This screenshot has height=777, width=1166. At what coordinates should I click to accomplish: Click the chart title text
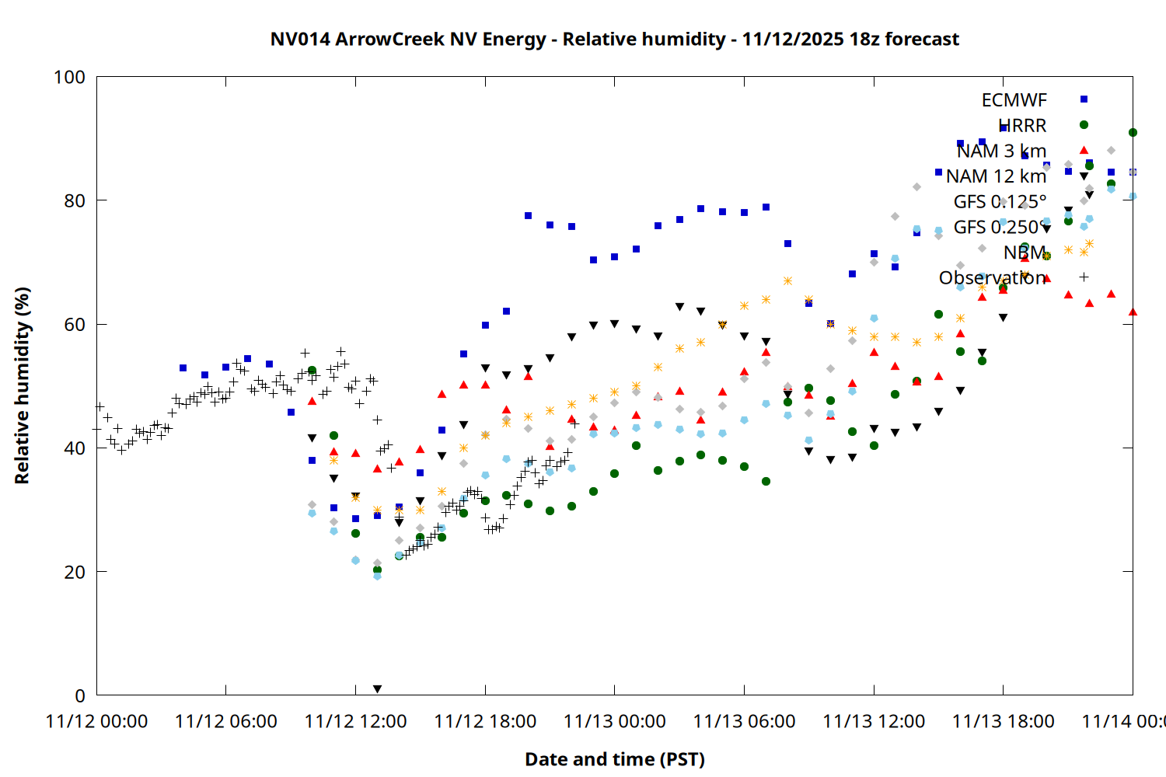(614, 39)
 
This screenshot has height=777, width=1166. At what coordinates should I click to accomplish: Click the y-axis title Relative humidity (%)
(22, 385)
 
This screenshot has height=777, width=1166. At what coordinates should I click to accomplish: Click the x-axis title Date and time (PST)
(614, 759)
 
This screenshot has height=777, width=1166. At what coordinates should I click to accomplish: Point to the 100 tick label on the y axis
(69, 77)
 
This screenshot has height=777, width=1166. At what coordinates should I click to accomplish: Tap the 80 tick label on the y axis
(75, 200)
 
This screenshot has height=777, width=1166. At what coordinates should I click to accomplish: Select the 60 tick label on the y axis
(75, 324)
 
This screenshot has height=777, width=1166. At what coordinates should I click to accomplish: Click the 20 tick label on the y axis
(75, 572)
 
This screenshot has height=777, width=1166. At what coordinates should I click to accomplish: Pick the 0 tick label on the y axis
(80, 695)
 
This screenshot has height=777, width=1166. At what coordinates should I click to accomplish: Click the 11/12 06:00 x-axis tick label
(226, 722)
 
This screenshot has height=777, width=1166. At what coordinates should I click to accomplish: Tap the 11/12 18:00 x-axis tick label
(485, 722)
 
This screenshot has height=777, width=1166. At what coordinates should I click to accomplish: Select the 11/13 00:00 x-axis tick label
(614, 722)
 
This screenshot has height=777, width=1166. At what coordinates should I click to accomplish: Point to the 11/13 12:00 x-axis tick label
(874, 722)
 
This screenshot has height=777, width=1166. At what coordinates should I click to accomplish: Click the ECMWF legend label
(1014, 100)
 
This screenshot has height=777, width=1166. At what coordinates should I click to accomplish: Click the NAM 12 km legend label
(996, 176)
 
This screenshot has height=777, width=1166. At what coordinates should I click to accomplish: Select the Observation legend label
(992, 277)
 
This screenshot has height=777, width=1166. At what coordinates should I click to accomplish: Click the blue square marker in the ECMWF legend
(1084, 99)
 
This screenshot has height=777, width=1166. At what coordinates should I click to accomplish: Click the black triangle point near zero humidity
(377, 689)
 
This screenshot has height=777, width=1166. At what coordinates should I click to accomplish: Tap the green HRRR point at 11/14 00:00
(1133, 132)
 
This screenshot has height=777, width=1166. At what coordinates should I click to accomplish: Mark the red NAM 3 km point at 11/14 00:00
(1133, 312)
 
